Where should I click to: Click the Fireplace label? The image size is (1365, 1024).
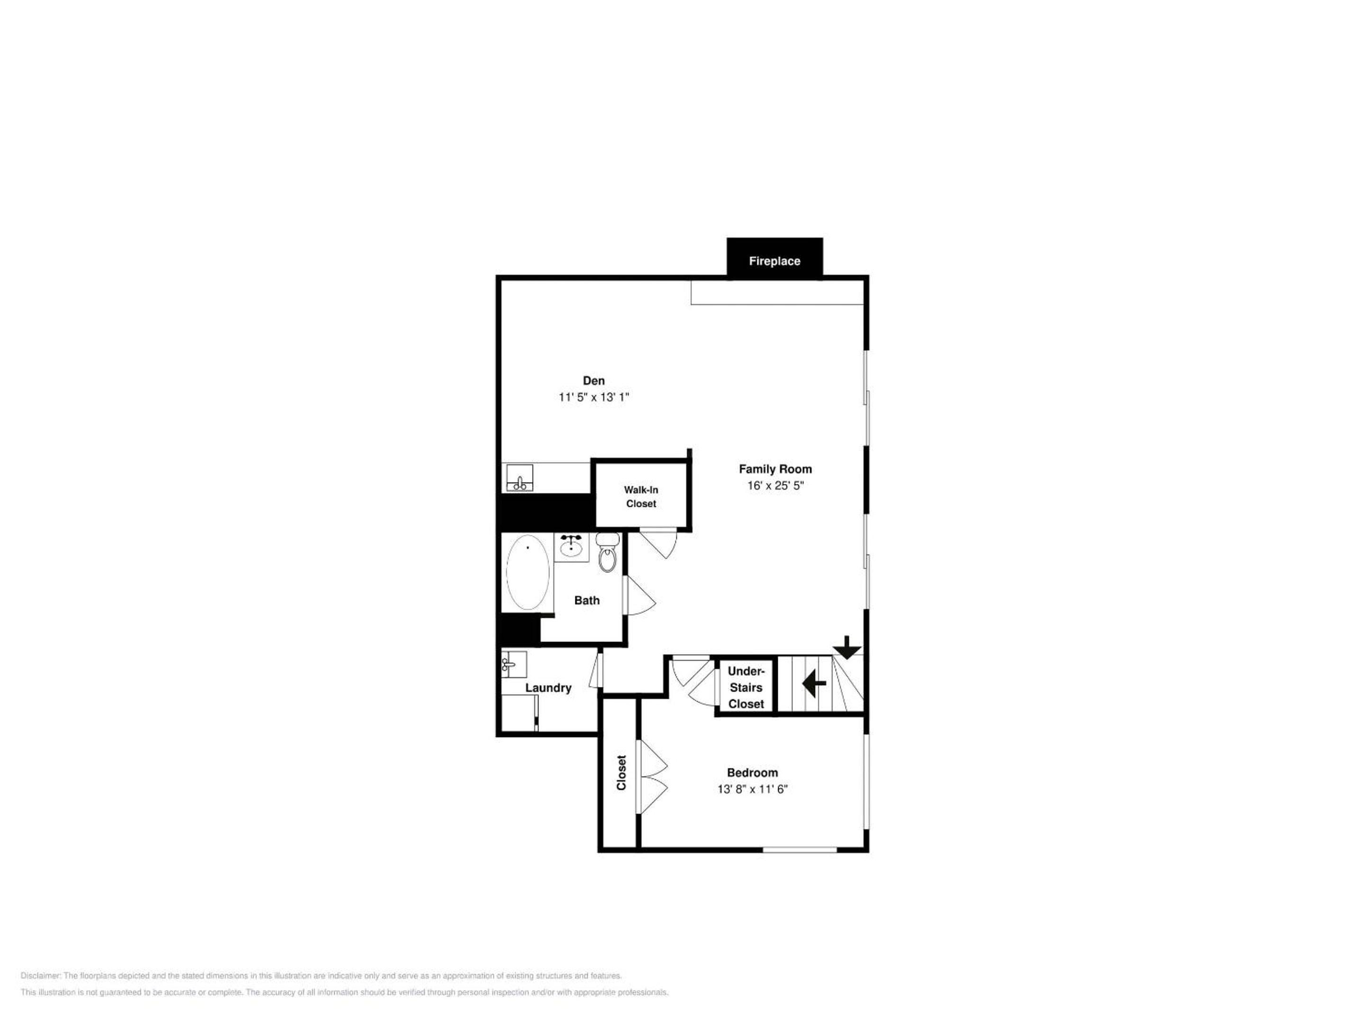tap(774, 261)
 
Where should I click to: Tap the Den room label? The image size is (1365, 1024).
tap(594, 381)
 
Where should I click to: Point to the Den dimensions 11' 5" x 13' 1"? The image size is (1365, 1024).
tap(594, 397)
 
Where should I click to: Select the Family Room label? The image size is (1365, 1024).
tap(775, 469)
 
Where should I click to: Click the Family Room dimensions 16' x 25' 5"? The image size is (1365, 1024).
tap(775, 486)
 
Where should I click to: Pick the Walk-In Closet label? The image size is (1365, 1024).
tap(641, 497)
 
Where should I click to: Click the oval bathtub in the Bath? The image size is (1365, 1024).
tap(528, 572)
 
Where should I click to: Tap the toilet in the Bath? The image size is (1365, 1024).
tap(608, 552)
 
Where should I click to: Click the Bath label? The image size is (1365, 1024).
tap(587, 601)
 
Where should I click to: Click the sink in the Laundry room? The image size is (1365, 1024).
tap(513, 664)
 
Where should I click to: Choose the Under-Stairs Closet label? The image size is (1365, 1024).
tap(746, 687)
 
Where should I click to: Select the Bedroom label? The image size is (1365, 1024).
tap(752, 773)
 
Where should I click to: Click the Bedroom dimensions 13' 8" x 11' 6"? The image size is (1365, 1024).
tap(752, 789)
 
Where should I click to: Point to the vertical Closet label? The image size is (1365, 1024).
tap(621, 773)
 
